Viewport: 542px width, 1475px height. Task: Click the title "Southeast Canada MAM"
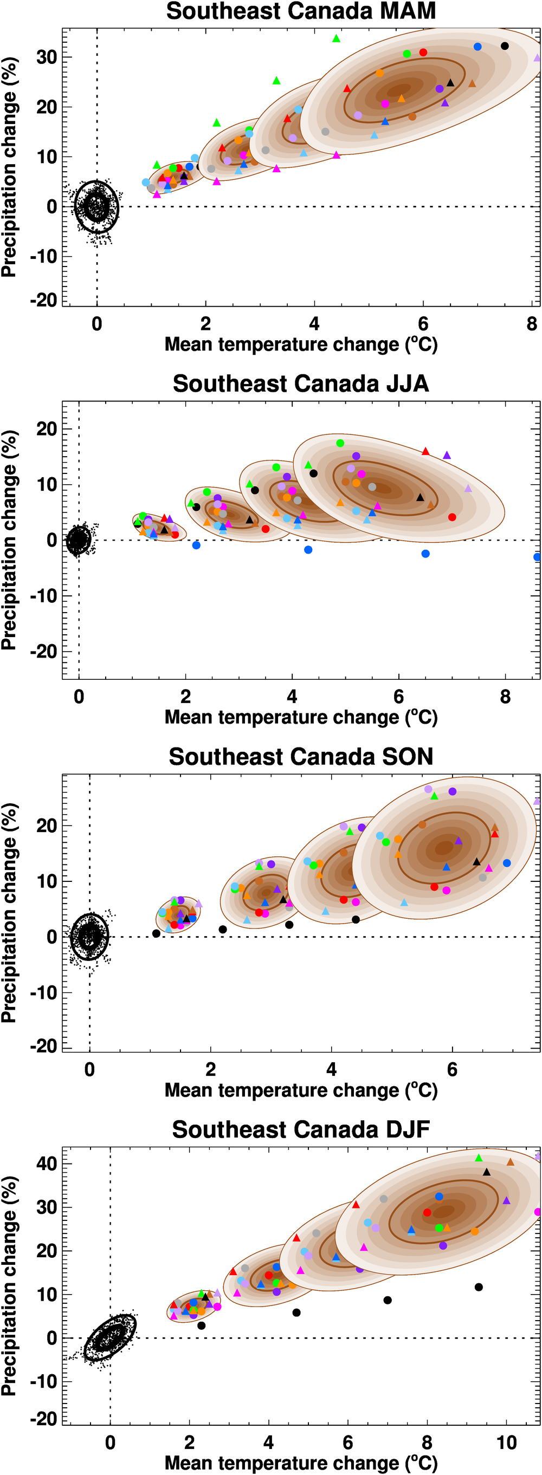pyautogui.click(x=301, y=11)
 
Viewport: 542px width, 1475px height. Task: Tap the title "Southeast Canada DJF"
pyautogui.click(x=301, y=1129)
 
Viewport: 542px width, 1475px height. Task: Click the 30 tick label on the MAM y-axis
pyautogui.click(x=47, y=57)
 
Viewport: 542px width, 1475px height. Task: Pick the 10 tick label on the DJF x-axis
pyautogui.click(x=506, y=1442)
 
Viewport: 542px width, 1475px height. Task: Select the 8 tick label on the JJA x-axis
pyautogui.click(x=505, y=696)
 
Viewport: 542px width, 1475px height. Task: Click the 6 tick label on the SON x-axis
pyautogui.click(x=452, y=1069)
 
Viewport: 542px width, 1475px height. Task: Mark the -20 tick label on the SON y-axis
pyautogui.click(x=44, y=1046)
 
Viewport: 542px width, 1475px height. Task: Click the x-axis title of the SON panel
pyautogui.click(x=301, y=1090)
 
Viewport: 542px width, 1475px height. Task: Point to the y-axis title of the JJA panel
pyautogui.click(x=9, y=540)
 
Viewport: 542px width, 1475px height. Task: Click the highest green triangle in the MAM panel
pyautogui.click(x=337, y=38)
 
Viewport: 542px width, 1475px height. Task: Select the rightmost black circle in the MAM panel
pyautogui.click(x=505, y=47)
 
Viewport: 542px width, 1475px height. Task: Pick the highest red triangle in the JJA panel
pyautogui.click(x=425, y=451)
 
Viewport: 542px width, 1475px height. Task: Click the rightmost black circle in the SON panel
pyautogui.click(x=356, y=920)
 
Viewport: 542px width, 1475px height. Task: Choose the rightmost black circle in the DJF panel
pyautogui.click(x=479, y=1287)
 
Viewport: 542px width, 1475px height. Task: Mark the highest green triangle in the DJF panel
pyautogui.click(x=479, y=1158)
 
